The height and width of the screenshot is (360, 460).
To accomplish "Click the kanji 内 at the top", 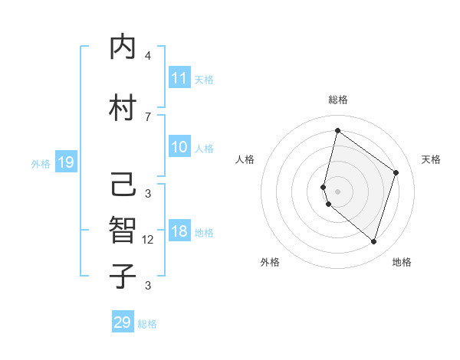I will tap(124, 47).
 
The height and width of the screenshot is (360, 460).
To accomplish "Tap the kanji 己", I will tap(124, 185).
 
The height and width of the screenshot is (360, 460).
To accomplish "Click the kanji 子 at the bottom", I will tap(124, 277).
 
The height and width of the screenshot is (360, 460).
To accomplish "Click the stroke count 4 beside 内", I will tap(148, 56).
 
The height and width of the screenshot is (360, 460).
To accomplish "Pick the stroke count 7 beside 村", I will tap(148, 116).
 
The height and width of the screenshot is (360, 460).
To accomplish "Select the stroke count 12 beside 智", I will tap(148, 240).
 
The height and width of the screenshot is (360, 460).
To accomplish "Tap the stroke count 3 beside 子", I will tap(148, 286).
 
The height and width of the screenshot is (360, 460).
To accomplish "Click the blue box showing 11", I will tap(179, 78).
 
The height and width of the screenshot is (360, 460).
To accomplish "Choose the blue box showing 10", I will tap(179, 147).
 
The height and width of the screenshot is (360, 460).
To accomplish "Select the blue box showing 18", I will tap(179, 232).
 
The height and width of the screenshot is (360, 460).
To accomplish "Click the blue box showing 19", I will tap(66, 162).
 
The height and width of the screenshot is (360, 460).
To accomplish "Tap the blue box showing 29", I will tap(123, 322).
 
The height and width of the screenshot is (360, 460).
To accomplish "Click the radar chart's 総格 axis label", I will tap(337, 100).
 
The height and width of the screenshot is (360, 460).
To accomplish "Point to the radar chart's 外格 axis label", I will tap(270, 263).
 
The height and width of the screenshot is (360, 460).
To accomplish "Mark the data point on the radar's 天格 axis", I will tap(396, 172).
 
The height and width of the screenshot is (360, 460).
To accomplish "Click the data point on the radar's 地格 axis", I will tap(373, 242).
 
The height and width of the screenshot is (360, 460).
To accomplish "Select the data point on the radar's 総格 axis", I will tap(337, 130).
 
